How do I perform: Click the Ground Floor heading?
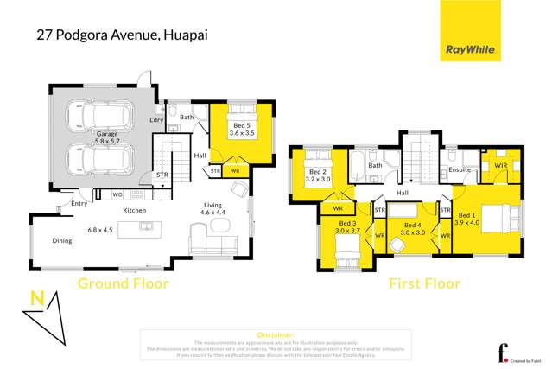[x=124, y=283]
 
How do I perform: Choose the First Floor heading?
[x=423, y=283]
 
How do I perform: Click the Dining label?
[x=62, y=241]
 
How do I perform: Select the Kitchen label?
[x=134, y=211]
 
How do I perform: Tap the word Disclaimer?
[x=276, y=334]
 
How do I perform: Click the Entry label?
[x=79, y=204]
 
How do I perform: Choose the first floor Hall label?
[x=403, y=193]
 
